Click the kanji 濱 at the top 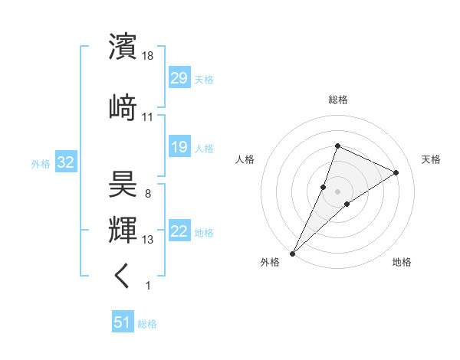tap(123, 46)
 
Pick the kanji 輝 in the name tap(123, 229)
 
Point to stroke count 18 tap(149, 56)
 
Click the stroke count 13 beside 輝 tap(149, 240)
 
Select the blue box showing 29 tap(179, 78)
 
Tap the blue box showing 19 tap(179, 147)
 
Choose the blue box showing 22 tap(179, 232)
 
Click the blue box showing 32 tap(65, 162)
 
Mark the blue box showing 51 tap(122, 323)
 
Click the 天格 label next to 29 tap(204, 80)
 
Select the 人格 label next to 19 tap(204, 149)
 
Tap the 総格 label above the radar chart tap(338, 100)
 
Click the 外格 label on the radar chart tap(270, 262)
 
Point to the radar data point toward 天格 tap(396, 172)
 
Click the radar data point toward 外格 tap(292, 253)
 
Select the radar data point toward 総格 tap(337, 146)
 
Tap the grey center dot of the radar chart tap(337, 191)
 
